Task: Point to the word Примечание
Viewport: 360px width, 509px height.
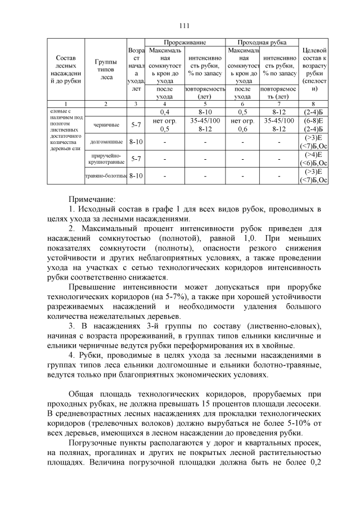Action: (92, 199)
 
